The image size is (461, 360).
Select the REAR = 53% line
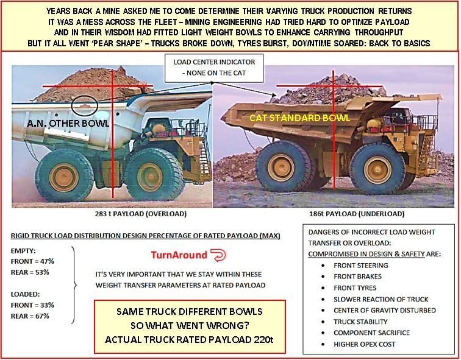[28, 271]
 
